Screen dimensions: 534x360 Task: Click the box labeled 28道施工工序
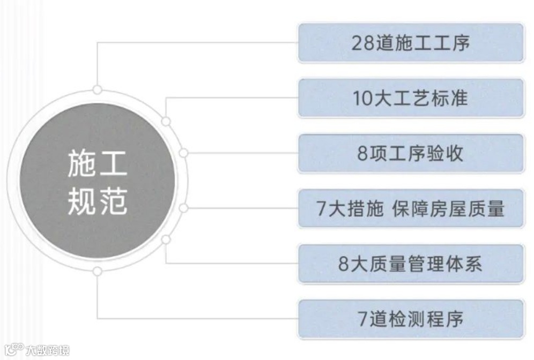[411, 43]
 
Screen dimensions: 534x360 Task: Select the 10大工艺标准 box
[411, 99]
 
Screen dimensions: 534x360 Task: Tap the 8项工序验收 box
[411, 154]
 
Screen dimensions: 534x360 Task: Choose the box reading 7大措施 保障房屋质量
[411, 208]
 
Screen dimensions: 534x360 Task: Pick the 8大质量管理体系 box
[411, 264]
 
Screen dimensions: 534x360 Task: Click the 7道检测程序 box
[411, 319]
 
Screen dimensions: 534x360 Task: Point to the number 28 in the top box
[362, 43]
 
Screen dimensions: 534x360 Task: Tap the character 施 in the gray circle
[82, 164]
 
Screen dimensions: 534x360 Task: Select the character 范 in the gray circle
[113, 202]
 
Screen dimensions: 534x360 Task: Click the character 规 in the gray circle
[82, 202]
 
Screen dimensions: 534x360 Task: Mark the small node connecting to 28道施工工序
[97, 89]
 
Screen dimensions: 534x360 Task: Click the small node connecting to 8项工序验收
[183, 153]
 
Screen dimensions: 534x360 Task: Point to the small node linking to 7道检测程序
[97, 271]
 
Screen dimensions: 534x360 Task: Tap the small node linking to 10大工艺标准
[166, 122]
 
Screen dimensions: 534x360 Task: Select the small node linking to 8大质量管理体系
[166, 239]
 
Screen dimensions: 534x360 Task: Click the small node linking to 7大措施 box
[183, 208]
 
